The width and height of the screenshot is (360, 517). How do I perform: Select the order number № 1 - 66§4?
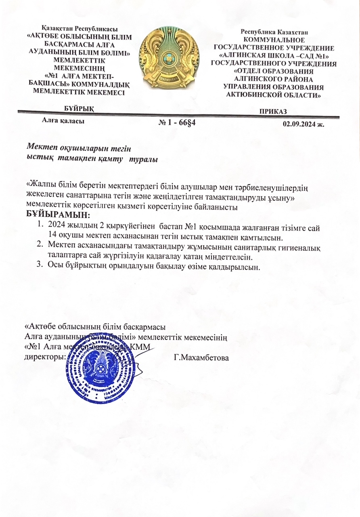[x=178, y=122]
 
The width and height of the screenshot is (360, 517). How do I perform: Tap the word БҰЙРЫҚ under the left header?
[x=80, y=109]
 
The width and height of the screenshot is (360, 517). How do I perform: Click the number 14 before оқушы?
[x=52, y=236]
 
